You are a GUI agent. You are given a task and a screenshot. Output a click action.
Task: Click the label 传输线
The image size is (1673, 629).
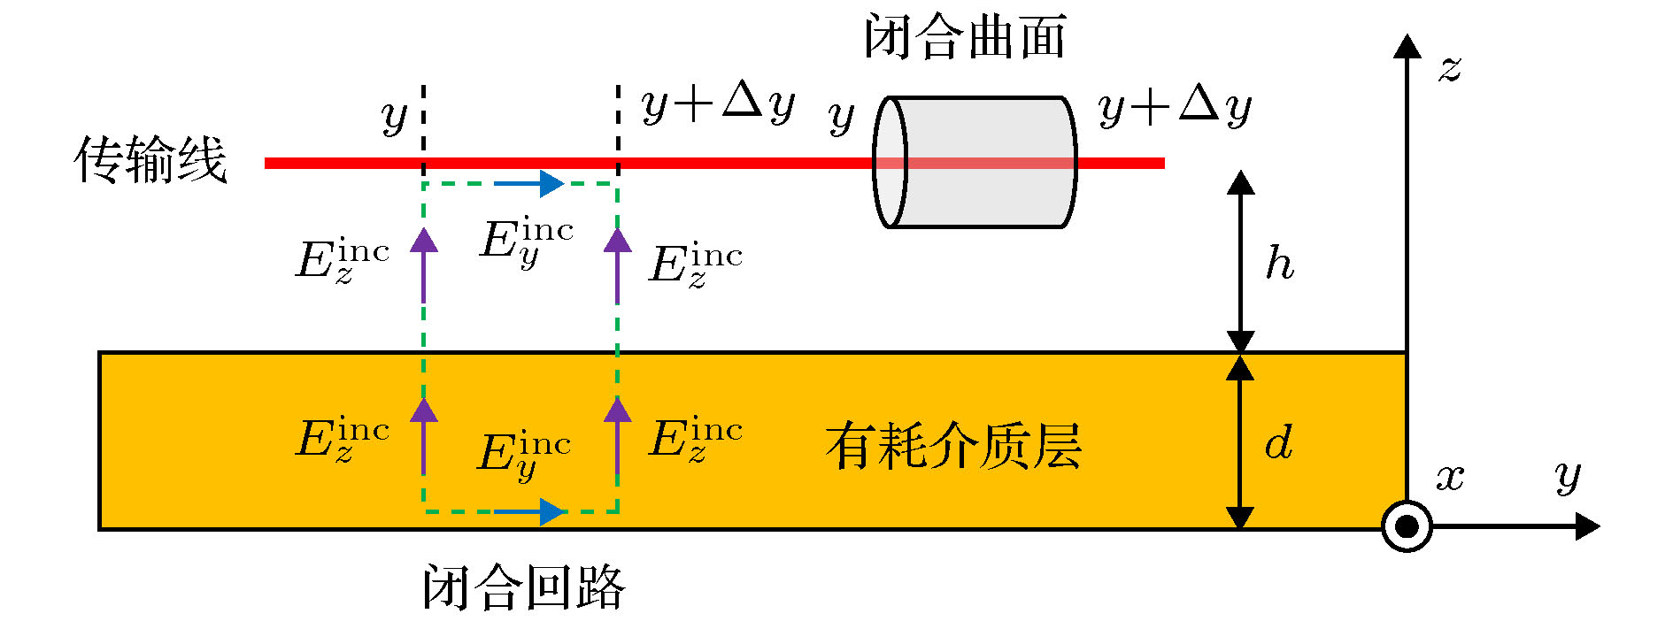click(150, 161)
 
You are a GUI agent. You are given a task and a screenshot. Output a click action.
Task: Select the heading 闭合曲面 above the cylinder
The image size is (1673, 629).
click(965, 37)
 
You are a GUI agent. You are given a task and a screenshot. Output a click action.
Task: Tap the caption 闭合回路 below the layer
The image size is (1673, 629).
click(524, 587)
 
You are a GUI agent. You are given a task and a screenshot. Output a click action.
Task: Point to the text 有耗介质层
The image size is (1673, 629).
click(953, 445)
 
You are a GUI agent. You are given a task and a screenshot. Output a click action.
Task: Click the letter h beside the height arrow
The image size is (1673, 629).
click(1279, 263)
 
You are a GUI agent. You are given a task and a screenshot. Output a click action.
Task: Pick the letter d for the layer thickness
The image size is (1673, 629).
click(1278, 441)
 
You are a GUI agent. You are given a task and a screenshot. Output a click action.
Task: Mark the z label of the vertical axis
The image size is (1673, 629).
click(1449, 69)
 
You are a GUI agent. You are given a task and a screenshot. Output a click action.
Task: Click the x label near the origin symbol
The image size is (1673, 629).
click(1449, 478)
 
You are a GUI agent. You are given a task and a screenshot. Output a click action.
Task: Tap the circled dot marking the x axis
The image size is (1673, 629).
click(1407, 527)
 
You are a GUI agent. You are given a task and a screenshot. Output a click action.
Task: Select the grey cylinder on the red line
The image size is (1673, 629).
click(975, 163)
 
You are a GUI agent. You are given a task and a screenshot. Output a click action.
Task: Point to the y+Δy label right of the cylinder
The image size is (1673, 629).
click(1175, 108)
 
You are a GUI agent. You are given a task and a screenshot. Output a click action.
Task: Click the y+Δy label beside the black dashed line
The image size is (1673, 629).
click(718, 104)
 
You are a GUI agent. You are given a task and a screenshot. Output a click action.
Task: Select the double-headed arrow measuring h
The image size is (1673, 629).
click(1240, 262)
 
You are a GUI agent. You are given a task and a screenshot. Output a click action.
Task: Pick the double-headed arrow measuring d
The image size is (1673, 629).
click(1240, 441)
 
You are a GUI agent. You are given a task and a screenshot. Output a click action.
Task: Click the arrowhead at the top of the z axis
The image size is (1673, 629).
click(1407, 46)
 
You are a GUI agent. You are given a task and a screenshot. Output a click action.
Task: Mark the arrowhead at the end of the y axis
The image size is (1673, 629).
click(1588, 527)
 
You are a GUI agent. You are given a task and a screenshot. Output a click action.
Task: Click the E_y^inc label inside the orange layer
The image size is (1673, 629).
click(523, 455)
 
